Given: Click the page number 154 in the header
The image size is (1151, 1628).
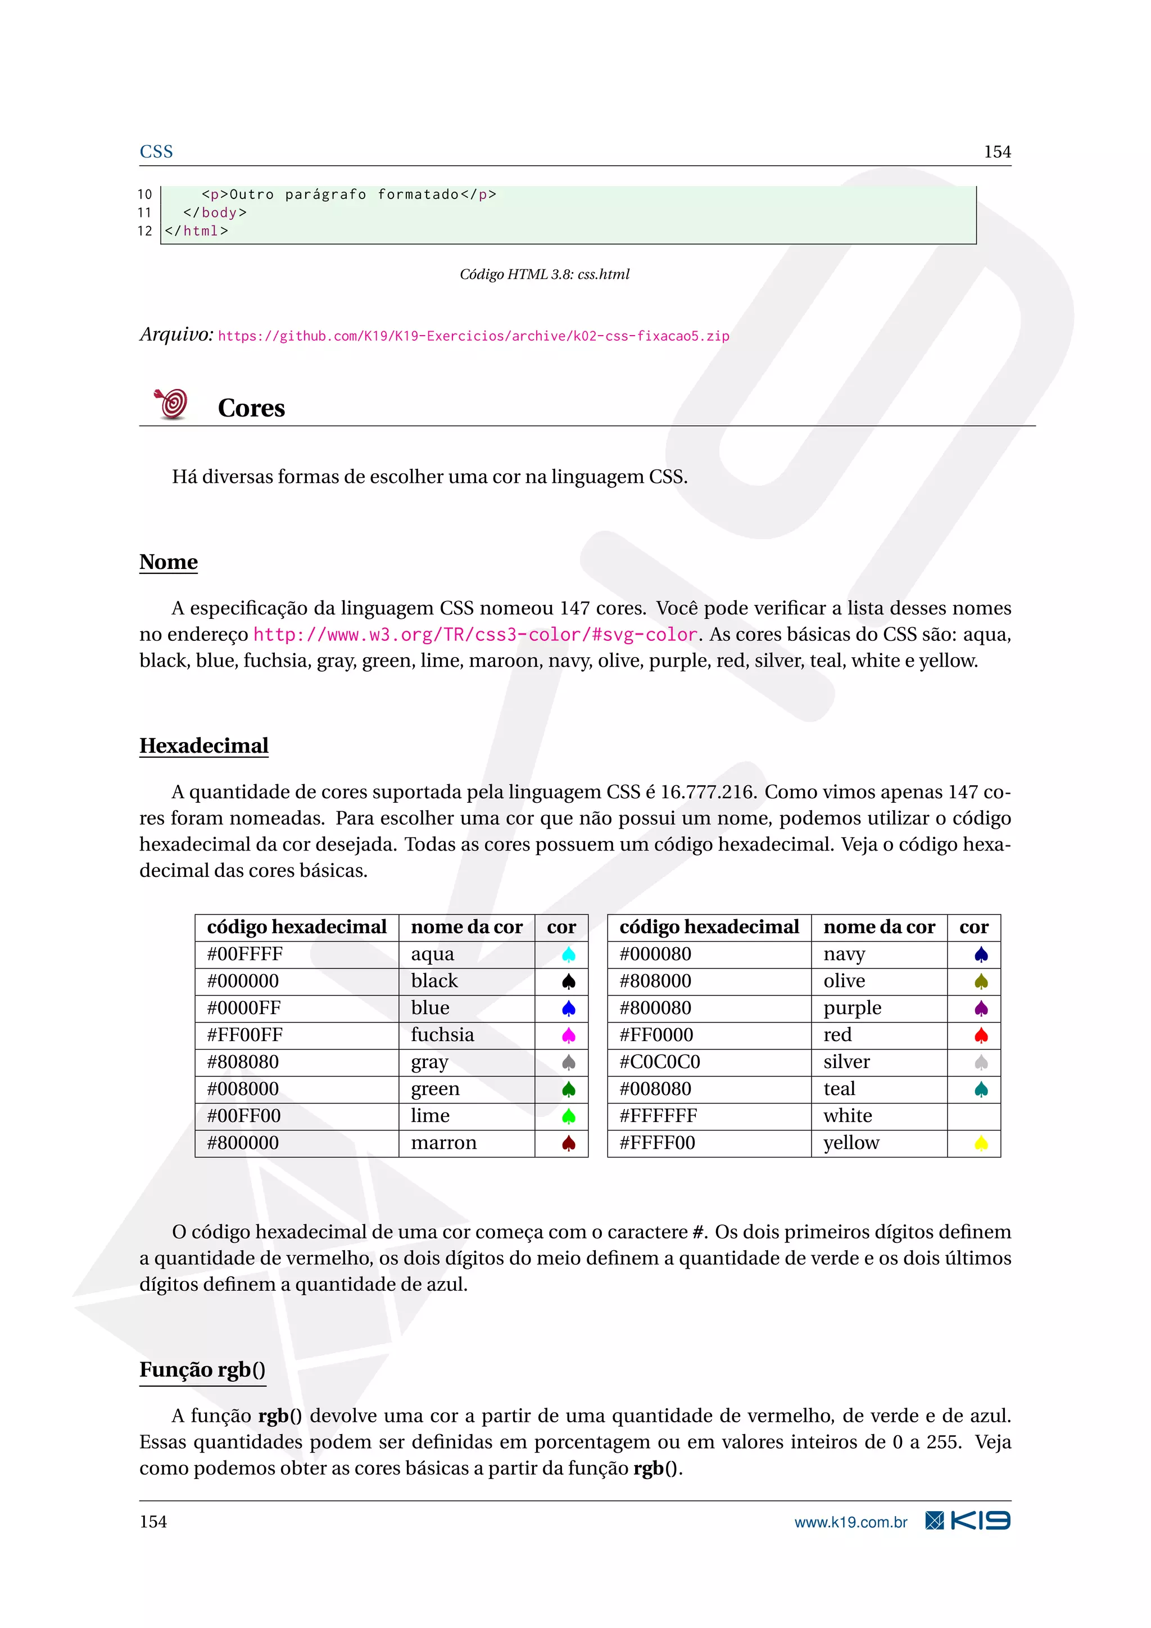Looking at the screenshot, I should point(996,152).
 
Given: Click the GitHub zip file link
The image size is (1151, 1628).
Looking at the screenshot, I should point(473,336).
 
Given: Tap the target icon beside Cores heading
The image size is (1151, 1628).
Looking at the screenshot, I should point(171,404).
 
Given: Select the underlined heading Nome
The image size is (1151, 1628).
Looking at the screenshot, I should point(169,562).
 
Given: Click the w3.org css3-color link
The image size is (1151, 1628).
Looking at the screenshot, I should point(475,635).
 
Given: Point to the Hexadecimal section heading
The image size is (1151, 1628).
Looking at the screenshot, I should point(204,746).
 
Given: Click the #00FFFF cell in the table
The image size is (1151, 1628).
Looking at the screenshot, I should point(245,955).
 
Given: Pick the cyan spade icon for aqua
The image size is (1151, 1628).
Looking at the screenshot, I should point(568,955).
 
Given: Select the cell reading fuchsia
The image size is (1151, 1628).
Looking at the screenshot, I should point(442,1035).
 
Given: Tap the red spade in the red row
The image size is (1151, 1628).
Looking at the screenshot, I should point(981,1036).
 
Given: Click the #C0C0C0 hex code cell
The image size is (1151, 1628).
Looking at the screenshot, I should point(660,1062).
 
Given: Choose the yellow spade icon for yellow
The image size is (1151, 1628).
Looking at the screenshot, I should point(981,1143).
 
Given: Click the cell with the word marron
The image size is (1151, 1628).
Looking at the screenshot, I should point(443,1143).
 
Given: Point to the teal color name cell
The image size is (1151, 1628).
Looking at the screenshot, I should point(839,1089).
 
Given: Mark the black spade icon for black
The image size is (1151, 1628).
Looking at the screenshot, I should point(568,982).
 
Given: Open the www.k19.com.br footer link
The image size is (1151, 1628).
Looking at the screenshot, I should point(850,1522).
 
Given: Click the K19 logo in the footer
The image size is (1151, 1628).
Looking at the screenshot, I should point(968,1521).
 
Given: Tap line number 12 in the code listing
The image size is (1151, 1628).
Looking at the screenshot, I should point(144,231).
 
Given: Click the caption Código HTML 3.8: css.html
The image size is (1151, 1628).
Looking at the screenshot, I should point(545,274).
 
